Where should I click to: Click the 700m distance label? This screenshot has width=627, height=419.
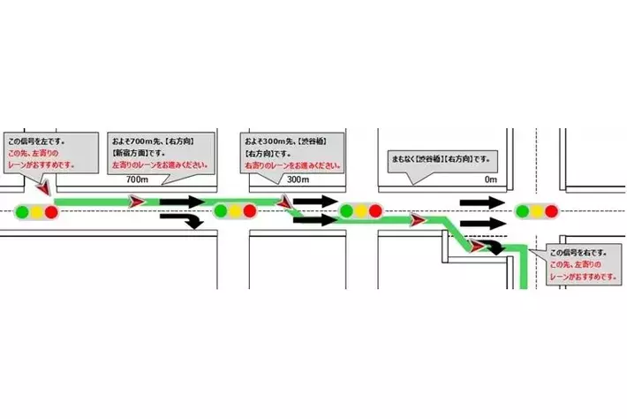(x=136, y=179)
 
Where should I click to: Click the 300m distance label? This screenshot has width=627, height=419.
(x=298, y=179)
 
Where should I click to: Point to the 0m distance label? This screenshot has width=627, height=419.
(x=492, y=179)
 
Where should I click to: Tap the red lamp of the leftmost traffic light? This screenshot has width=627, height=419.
(x=52, y=211)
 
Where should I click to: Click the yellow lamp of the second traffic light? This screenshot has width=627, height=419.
(x=236, y=210)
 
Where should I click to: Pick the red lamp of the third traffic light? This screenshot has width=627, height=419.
(x=376, y=211)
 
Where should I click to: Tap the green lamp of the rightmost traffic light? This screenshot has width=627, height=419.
(x=523, y=210)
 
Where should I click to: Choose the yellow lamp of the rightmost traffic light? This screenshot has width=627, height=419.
(x=537, y=210)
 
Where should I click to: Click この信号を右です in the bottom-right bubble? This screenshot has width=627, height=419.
(x=575, y=252)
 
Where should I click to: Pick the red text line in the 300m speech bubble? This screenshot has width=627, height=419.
(x=291, y=164)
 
